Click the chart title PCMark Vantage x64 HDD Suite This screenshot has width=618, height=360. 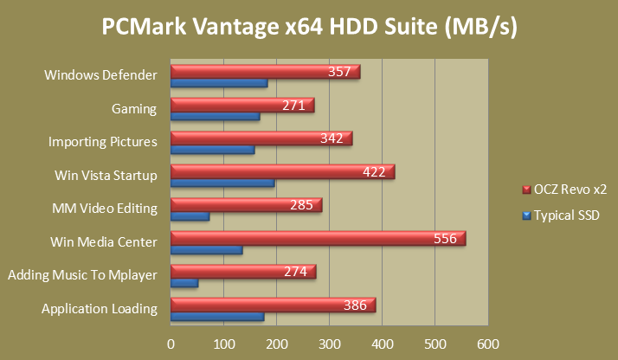point(309,28)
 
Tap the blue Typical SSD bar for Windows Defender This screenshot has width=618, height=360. point(219,83)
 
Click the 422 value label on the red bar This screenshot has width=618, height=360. point(374,172)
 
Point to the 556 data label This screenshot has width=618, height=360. point(445,239)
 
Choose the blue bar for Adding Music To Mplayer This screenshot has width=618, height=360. point(184,284)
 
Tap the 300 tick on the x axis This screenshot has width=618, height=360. point(330,344)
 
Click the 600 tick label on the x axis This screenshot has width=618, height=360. point(488,344)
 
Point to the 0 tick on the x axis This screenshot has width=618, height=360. point(171,344)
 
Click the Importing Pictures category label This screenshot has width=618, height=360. point(102,142)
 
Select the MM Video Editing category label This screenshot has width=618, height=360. point(105,209)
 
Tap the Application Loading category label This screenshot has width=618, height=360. point(100,309)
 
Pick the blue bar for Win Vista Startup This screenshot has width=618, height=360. point(222,183)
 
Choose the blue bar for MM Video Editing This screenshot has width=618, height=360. point(190,216)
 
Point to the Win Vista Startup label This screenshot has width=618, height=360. point(106,176)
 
